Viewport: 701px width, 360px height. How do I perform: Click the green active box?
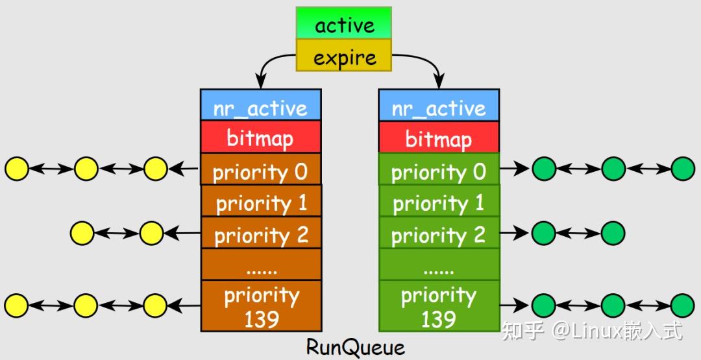(x=344, y=23)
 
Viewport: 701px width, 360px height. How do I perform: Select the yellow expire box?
(x=344, y=55)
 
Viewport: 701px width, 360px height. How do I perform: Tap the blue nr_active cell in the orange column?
(x=261, y=104)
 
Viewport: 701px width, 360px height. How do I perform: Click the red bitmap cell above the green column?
(x=439, y=137)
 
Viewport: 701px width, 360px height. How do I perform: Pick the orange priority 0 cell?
(x=261, y=169)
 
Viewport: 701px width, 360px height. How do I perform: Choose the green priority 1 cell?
(x=439, y=201)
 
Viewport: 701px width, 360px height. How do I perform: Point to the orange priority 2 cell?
(x=261, y=233)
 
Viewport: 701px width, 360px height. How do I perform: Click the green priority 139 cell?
(x=439, y=306)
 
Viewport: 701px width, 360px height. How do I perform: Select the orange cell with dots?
(x=261, y=265)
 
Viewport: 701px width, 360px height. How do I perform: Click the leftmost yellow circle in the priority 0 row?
(x=17, y=169)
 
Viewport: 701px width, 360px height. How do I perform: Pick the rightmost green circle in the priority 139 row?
(x=683, y=306)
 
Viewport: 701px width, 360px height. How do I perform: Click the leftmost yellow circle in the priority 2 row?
(x=82, y=233)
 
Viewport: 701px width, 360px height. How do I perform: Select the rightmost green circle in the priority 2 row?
(x=613, y=233)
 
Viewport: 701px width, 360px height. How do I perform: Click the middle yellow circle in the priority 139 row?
(x=86, y=306)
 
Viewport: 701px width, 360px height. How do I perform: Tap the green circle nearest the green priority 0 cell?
(x=544, y=169)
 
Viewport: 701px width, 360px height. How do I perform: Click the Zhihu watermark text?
(x=593, y=331)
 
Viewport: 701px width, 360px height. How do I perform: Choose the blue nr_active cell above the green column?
(x=439, y=104)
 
